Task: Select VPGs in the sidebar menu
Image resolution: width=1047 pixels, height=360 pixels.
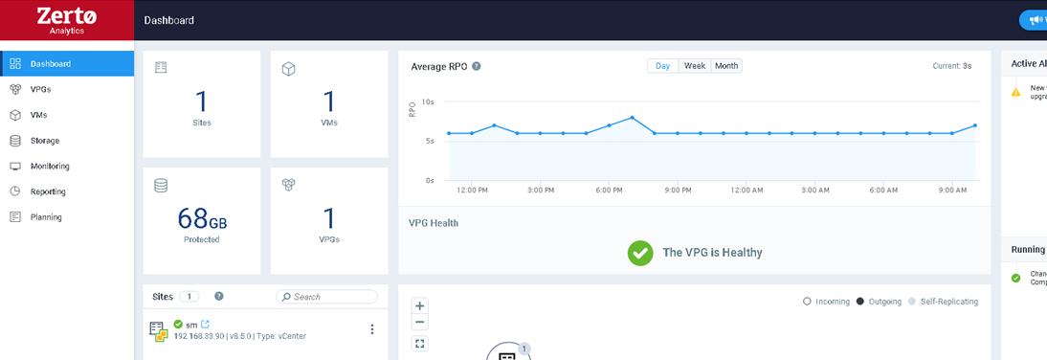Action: (40, 89)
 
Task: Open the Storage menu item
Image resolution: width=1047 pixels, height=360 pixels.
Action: (44, 141)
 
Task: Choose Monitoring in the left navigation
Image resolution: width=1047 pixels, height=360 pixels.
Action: (50, 166)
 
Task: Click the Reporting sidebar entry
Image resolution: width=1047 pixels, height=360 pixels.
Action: (48, 191)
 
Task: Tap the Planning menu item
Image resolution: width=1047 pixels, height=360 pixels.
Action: (46, 217)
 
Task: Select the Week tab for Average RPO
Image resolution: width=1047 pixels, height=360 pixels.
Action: (695, 66)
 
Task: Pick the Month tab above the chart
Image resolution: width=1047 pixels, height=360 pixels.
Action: (726, 66)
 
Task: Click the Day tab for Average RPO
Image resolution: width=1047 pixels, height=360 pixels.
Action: (662, 66)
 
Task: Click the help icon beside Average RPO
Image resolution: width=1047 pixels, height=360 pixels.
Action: (477, 66)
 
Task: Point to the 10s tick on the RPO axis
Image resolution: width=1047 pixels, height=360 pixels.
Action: (428, 101)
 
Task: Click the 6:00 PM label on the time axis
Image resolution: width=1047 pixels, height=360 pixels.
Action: (610, 191)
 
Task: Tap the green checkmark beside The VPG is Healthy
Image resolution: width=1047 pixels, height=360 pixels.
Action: (640, 253)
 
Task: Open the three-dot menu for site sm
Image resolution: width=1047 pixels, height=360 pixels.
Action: (372, 329)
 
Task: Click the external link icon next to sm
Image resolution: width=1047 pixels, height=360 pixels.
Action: (205, 325)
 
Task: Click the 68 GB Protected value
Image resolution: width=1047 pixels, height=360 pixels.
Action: (202, 219)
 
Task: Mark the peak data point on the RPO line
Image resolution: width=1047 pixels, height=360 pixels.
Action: (633, 118)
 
